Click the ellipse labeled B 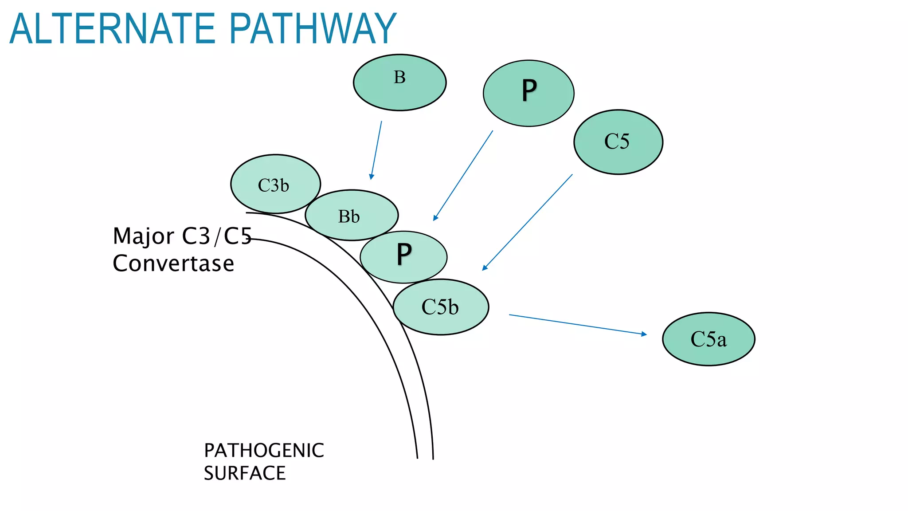tap(399, 83)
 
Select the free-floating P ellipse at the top tap(528, 93)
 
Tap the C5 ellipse tap(618, 142)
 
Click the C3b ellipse tap(275, 184)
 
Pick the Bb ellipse tap(352, 216)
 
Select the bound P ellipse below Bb tap(403, 257)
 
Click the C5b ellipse tap(441, 307)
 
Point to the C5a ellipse tap(708, 339)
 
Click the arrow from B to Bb tap(376, 150)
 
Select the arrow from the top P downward tap(463, 175)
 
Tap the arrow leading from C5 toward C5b tap(528, 222)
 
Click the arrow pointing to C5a tap(576, 324)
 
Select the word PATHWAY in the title tap(312, 29)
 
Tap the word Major tap(144, 236)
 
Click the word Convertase tap(173, 263)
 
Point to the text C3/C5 tap(217, 236)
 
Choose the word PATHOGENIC tap(264, 451)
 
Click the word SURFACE tap(245, 473)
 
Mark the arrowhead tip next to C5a tap(646, 334)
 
